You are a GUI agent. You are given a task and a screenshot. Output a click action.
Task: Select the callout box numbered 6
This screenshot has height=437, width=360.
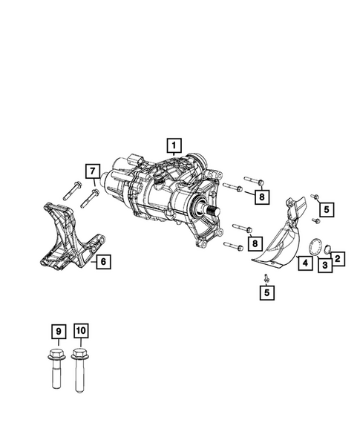tap(104, 261)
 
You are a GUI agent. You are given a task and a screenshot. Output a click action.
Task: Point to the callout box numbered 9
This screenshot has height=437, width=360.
tap(57, 330)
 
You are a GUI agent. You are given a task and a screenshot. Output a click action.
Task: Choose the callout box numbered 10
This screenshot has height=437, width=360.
tap(80, 330)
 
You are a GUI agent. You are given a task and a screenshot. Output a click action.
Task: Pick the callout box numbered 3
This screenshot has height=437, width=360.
tap(324, 266)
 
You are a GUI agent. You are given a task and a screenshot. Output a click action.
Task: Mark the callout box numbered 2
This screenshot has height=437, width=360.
tap(338, 258)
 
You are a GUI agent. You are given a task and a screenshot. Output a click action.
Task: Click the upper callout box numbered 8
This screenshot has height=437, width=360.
tap(261, 197)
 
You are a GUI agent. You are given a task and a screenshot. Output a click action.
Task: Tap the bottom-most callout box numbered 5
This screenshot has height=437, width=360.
tap(266, 293)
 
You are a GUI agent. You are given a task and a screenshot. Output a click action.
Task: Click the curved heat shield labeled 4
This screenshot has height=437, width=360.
tap(278, 237)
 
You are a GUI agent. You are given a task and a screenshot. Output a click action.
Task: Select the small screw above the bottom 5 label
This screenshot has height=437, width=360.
tap(266, 277)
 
